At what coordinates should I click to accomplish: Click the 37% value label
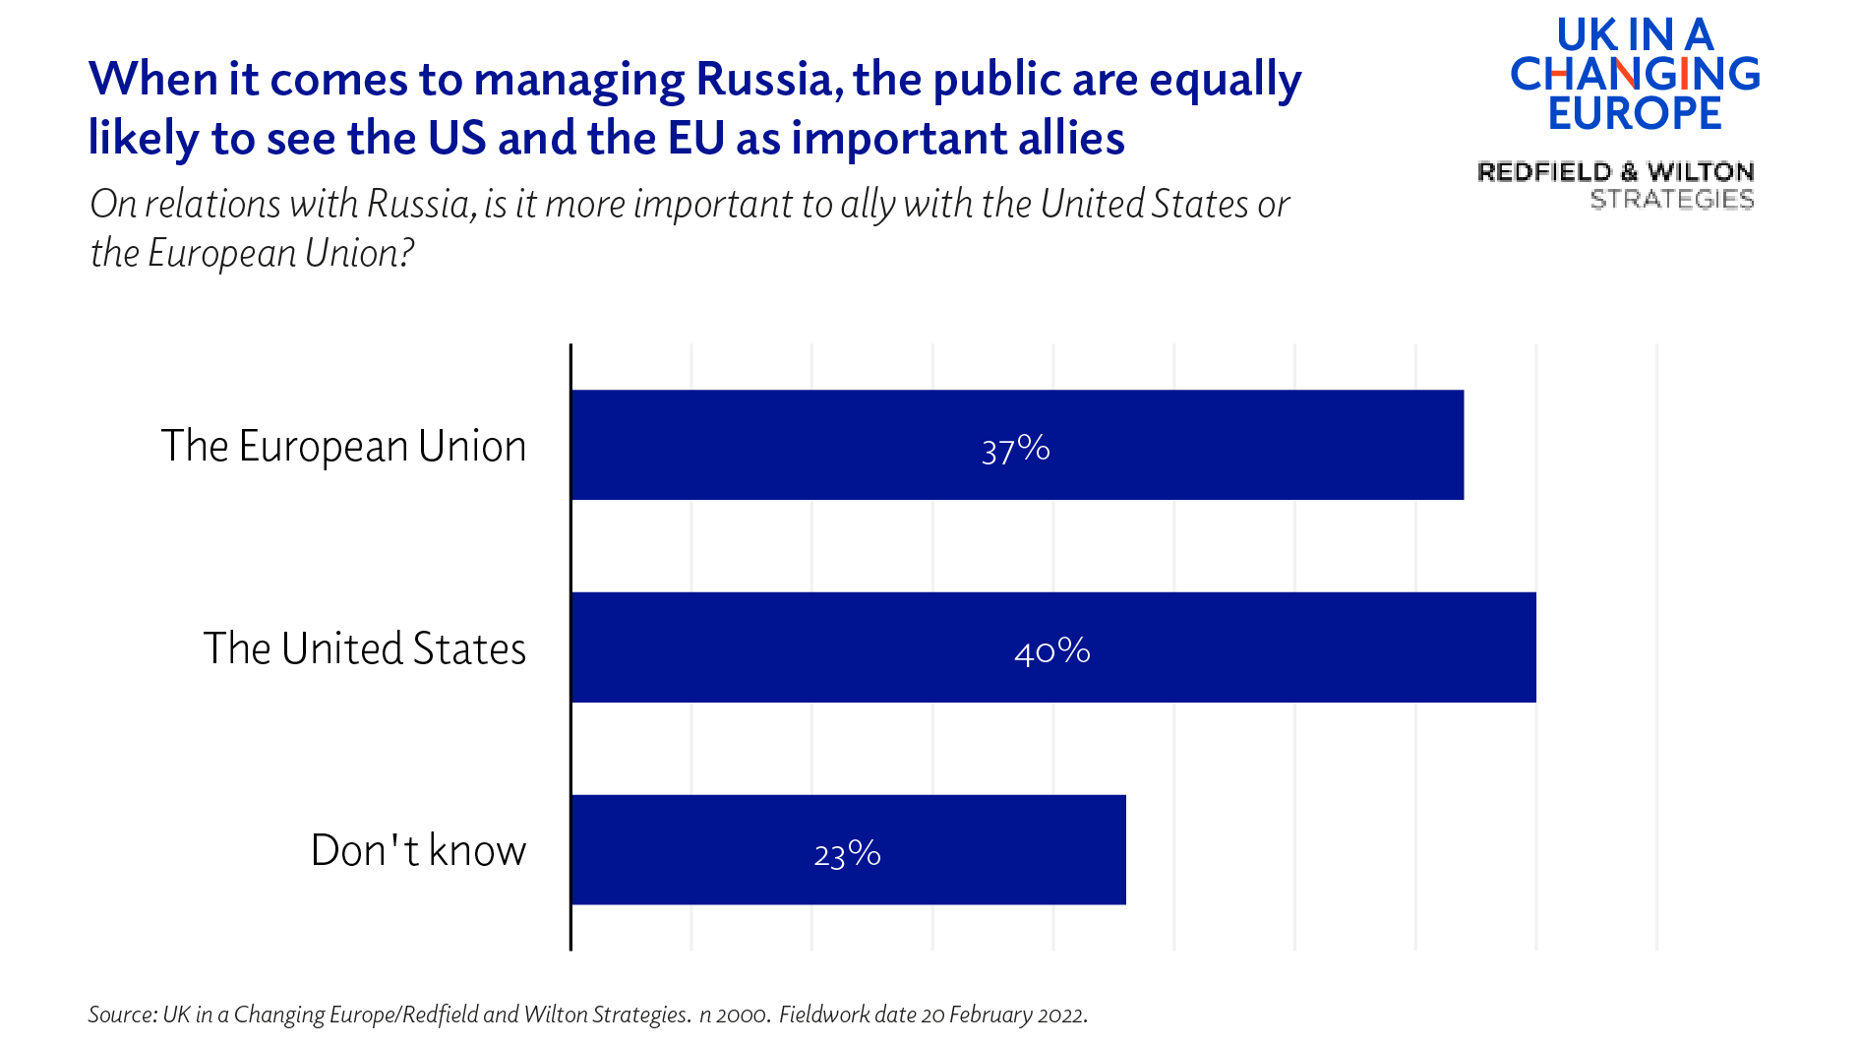tap(1016, 450)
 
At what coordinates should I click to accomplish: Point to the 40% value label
tap(1051, 651)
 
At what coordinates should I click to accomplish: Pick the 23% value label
tap(847, 854)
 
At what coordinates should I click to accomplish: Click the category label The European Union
tap(343, 447)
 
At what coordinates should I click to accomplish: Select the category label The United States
tap(364, 649)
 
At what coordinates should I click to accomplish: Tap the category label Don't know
tap(418, 851)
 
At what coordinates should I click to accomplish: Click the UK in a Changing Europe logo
tap(1634, 75)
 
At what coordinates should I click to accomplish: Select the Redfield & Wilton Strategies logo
tap(1616, 185)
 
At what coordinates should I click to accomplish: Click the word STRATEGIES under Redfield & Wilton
tap(1671, 200)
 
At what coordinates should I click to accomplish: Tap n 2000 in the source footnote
tap(733, 1015)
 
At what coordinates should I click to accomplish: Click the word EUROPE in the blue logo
tap(1634, 113)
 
